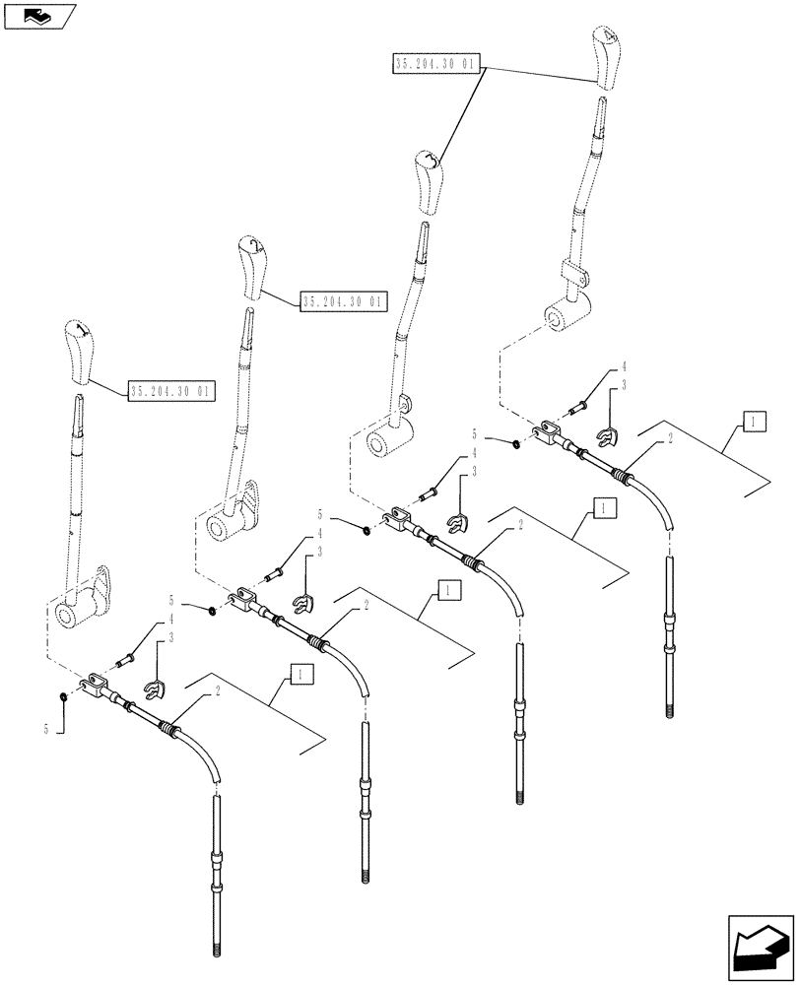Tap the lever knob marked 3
(x=429, y=181)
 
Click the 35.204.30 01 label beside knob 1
(x=171, y=391)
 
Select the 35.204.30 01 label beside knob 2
(x=344, y=301)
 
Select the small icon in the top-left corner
(x=37, y=15)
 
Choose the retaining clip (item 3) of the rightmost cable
(x=611, y=432)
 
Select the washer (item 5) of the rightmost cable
(x=518, y=443)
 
